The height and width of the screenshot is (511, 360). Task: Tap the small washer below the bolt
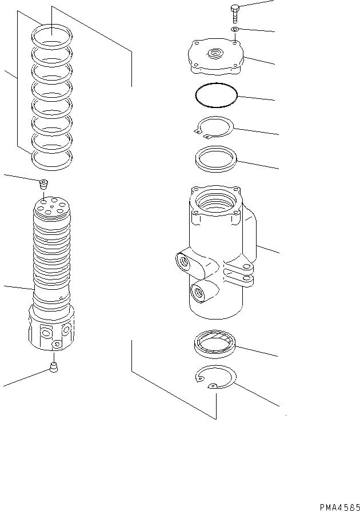click(x=235, y=29)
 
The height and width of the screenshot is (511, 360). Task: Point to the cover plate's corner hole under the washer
click(x=236, y=41)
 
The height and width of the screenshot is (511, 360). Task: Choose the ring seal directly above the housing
click(x=217, y=158)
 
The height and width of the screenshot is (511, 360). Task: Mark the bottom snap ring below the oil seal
click(x=215, y=380)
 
